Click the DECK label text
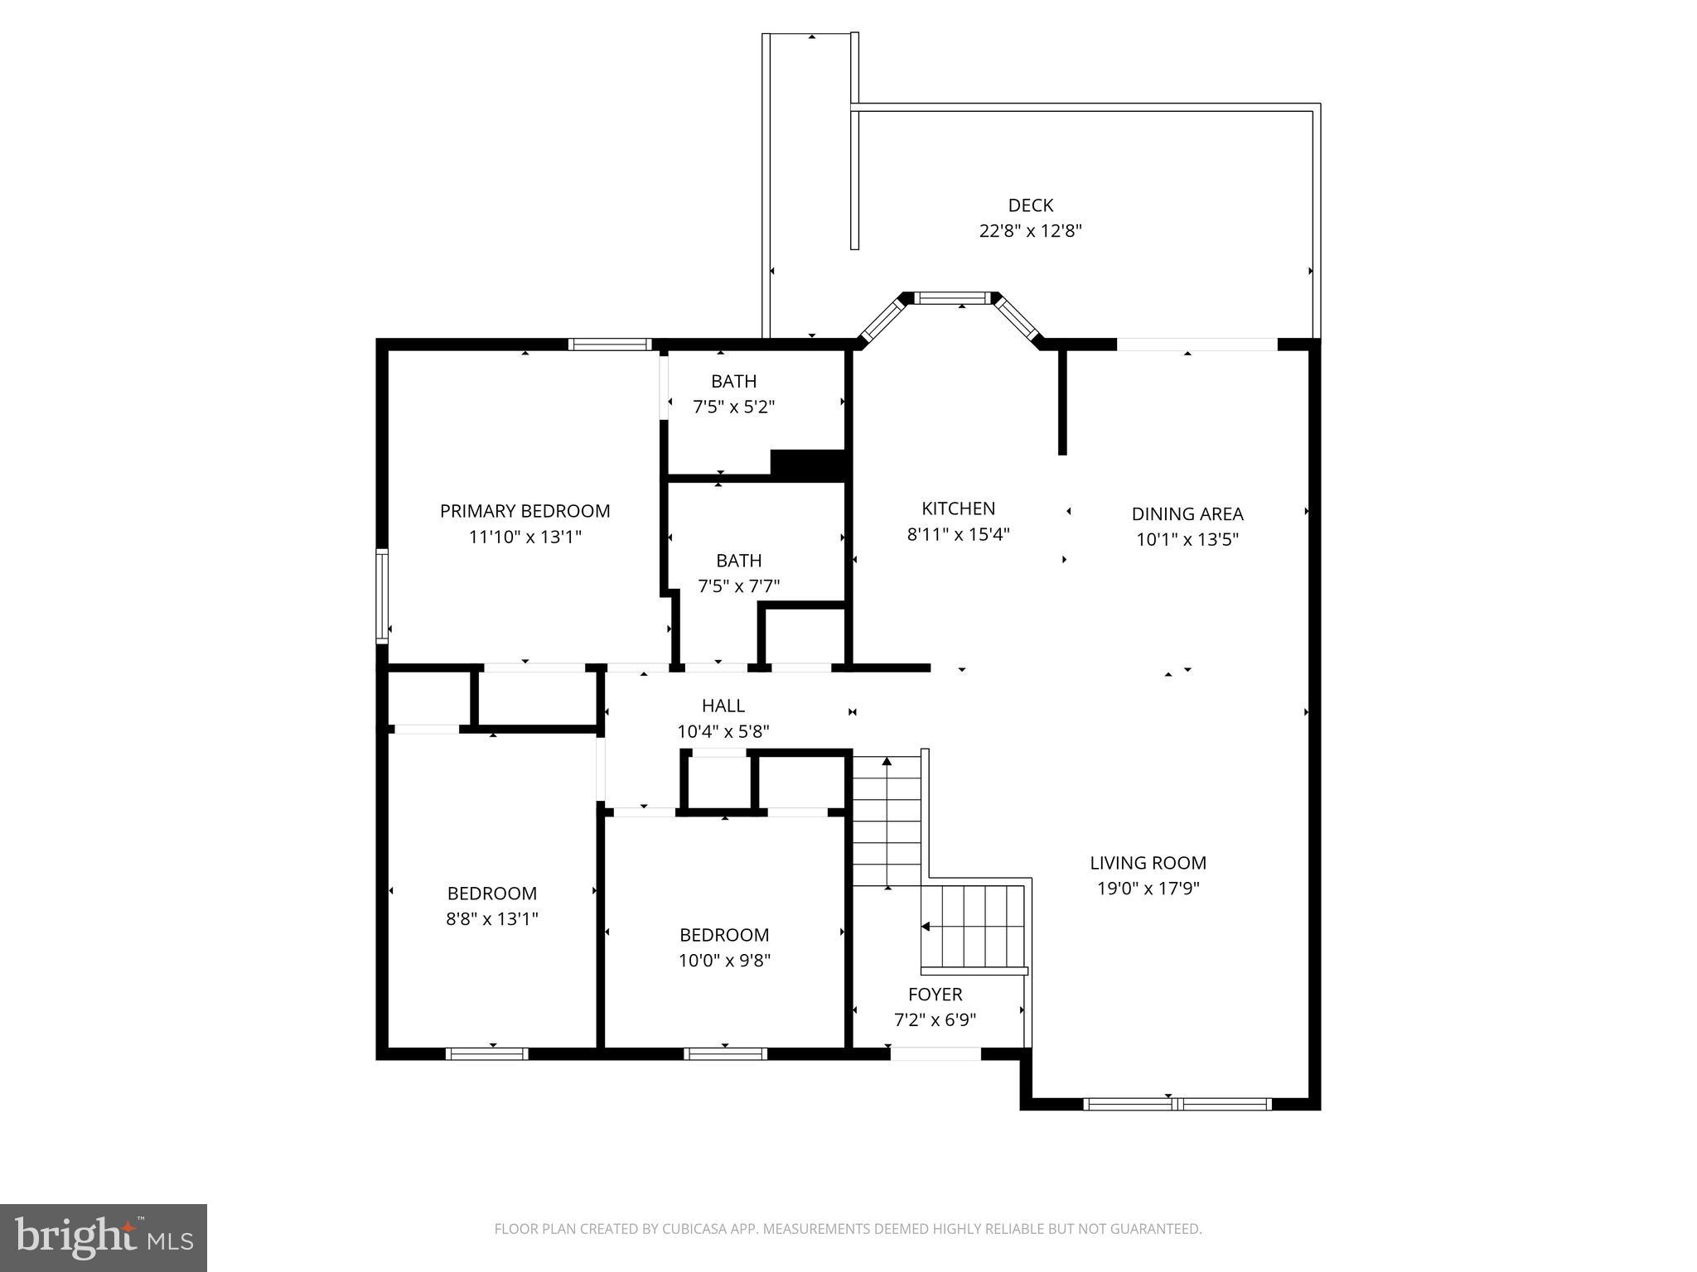[x=1030, y=205]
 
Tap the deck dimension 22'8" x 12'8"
[x=1030, y=231]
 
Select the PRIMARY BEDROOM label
[x=525, y=511]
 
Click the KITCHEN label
[x=958, y=508]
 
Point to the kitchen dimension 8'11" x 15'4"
[x=958, y=534]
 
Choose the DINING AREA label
[x=1187, y=513]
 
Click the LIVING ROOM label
[x=1148, y=863]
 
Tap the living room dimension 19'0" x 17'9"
[x=1148, y=889]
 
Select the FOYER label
[x=935, y=994]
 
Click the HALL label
[x=723, y=706]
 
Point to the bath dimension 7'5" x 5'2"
[x=733, y=407]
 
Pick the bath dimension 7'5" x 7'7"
[x=738, y=586]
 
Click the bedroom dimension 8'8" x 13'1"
[x=492, y=918]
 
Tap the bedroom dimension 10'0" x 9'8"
[x=724, y=961]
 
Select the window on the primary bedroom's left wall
[x=382, y=596]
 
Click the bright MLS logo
[x=103, y=1237]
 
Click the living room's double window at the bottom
[x=1177, y=1103]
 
